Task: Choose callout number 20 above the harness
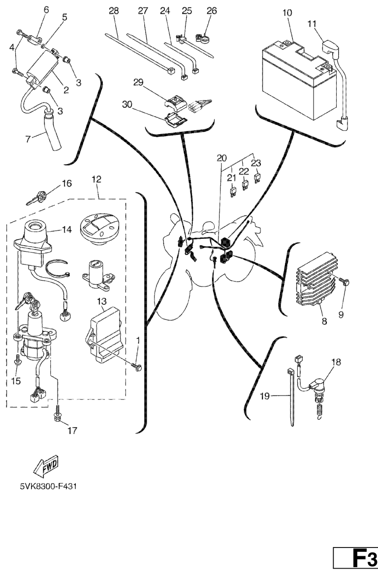(221, 158)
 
